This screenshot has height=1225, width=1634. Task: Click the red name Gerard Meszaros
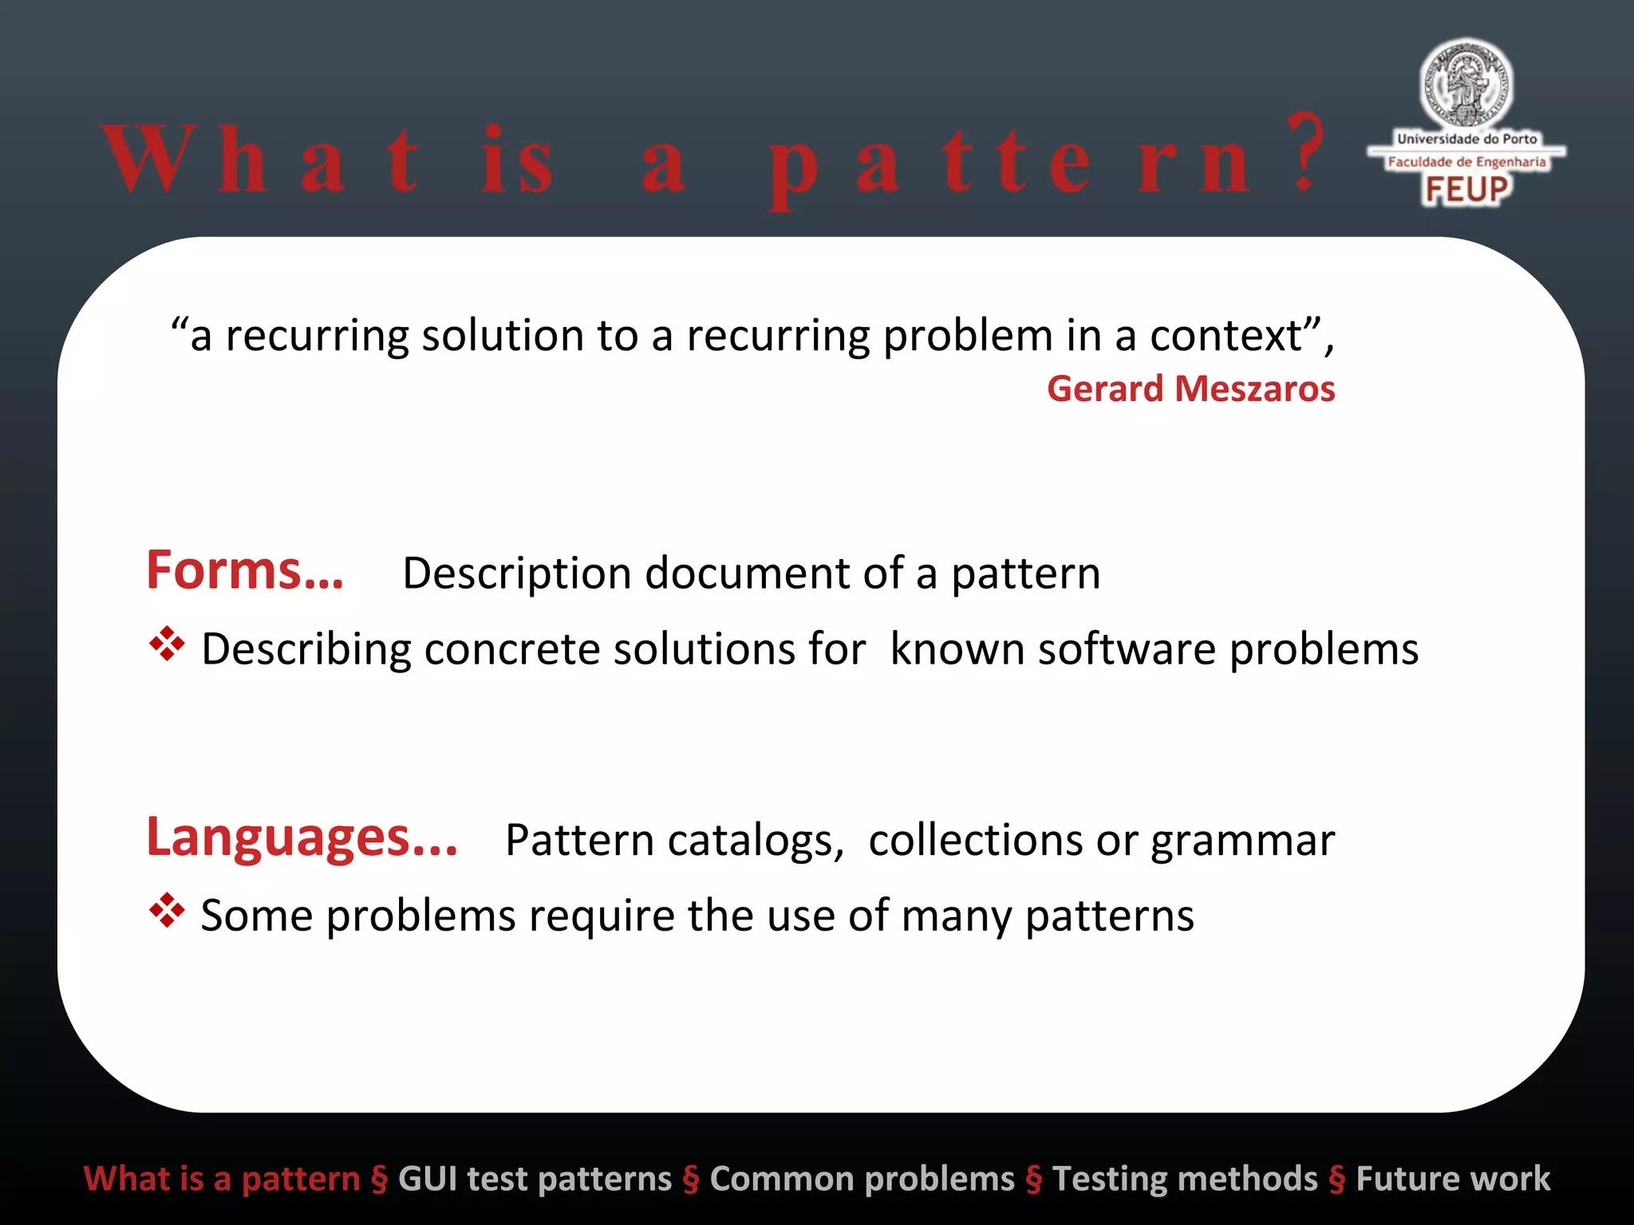[1190, 389]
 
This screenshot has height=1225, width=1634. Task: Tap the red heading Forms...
[245, 571]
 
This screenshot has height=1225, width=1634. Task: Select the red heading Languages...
[302, 838]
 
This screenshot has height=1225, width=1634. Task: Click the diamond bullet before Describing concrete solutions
[167, 644]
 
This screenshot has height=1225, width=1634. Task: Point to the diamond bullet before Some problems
[167, 911]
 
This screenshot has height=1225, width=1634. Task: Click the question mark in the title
[1305, 153]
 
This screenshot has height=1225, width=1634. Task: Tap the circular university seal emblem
[1466, 84]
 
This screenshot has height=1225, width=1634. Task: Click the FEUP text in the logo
[1466, 190]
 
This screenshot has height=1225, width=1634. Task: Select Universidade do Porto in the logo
[1466, 139]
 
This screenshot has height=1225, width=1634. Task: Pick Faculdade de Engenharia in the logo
[1466, 162]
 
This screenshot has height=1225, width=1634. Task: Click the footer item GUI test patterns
[535, 1179]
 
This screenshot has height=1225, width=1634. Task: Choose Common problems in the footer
[862, 1179]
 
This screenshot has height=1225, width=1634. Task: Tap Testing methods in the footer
[1185, 1179]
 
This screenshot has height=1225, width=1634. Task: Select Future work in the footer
[1452, 1179]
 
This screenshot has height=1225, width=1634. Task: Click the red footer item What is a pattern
[222, 1179]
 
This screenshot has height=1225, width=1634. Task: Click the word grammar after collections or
[1242, 842]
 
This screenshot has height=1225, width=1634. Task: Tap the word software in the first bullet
[1127, 648]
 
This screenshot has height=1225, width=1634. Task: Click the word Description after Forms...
[517, 574]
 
